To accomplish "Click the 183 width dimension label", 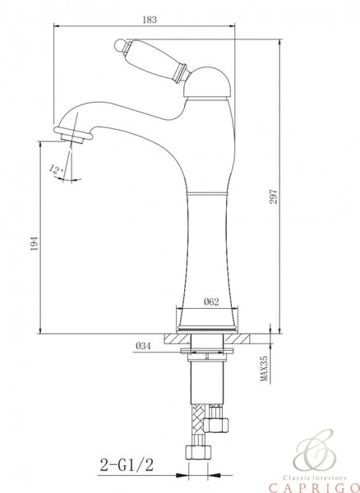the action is pos(150,20).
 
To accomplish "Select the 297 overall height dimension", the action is pos(274,196).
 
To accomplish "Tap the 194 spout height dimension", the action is pos(35,243).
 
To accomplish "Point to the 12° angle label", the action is pos(57,170).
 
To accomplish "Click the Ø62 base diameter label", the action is pos(211,302).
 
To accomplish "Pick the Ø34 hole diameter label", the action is pos(144,346).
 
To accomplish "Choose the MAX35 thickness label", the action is pos(265,368).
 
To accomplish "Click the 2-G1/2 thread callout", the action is pos(127,465).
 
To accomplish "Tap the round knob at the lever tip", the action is pos(120,44).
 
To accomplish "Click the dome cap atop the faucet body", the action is pos(208,82).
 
